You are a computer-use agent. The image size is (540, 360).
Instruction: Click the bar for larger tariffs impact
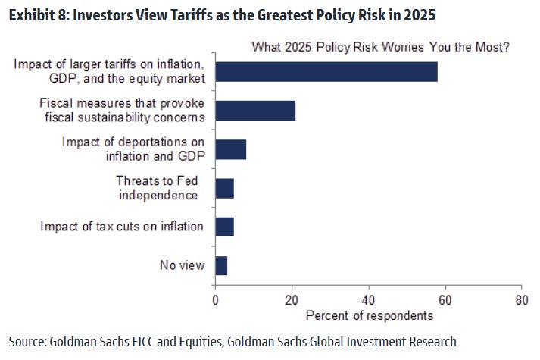point(326,71)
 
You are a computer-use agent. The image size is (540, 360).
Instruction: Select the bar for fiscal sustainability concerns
point(255,110)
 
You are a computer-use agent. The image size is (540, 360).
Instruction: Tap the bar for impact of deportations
point(231,149)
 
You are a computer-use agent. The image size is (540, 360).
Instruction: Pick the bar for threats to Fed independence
point(225,188)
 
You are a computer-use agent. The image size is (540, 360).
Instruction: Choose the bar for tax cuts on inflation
point(225,226)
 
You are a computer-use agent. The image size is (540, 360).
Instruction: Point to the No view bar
point(221,265)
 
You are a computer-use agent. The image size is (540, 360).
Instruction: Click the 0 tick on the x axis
point(216,299)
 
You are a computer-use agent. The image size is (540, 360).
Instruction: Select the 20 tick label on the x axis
point(292,299)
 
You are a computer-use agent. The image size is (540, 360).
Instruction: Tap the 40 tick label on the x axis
point(369,299)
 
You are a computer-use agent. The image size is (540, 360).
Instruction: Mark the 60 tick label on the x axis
point(445,299)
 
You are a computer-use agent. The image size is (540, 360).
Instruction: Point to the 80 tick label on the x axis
point(521,299)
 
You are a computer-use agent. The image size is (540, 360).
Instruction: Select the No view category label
point(181,265)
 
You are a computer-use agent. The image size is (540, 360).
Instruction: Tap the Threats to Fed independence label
point(157,188)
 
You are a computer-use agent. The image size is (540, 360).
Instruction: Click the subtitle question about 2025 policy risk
point(380,47)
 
